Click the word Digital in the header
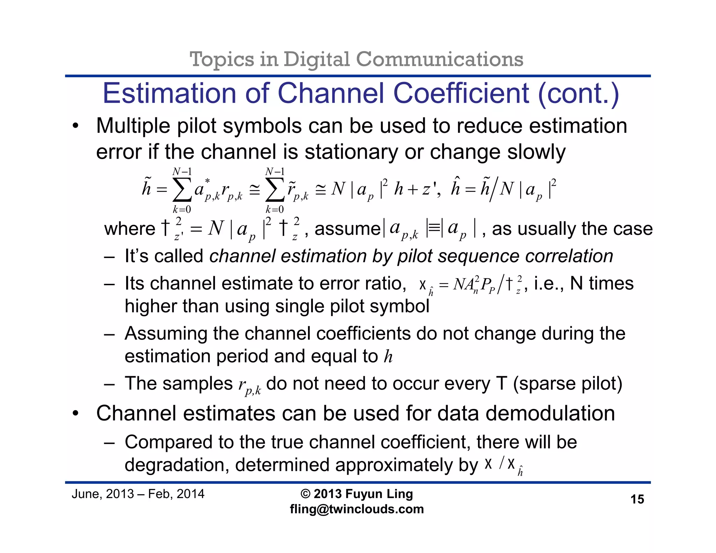click(x=316, y=59)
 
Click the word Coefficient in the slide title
click(x=461, y=93)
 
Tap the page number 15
click(x=637, y=499)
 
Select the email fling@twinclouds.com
click(x=357, y=509)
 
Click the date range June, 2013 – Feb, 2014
click(x=138, y=494)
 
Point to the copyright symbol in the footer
click(x=305, y=494)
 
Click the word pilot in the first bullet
click(x=197, y=126)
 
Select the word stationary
click(x=351, y=152)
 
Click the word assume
click(x=347, y=229)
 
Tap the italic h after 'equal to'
click(x=388, y=357)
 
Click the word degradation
click(x=176, y=465)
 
